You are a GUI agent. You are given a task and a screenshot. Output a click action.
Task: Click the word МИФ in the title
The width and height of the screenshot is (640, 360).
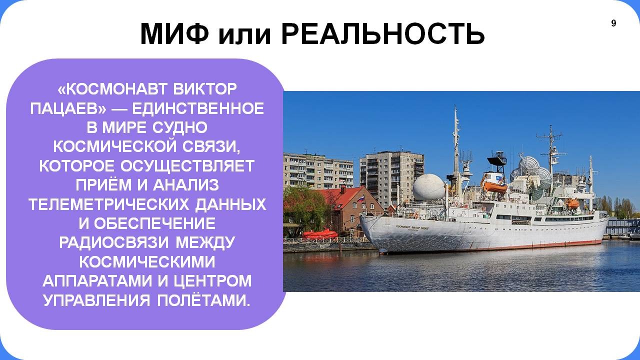tap(174, 33)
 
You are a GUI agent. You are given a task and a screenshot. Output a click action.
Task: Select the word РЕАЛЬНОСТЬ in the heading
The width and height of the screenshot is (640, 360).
tap(383, 33)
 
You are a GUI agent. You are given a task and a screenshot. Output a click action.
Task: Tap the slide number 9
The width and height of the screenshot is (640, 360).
tap(613, 23)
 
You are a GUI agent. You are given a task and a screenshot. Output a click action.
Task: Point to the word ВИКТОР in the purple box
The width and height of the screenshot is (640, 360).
tap(205, 89)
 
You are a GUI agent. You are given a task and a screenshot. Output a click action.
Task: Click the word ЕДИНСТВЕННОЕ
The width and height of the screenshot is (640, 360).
tap(197, 108)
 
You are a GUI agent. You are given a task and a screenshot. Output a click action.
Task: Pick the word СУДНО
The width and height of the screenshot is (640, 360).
tap(179, 127)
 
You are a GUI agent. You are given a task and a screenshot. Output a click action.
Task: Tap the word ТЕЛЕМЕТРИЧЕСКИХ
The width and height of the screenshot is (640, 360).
tap(109, 204)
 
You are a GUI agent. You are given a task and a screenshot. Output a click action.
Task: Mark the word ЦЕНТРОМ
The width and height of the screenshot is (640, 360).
tap(212, 281)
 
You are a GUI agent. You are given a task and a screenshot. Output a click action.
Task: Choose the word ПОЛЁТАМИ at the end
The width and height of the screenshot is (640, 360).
tap(203, 300)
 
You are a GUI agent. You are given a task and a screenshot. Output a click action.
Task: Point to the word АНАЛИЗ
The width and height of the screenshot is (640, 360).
tap(186, 185)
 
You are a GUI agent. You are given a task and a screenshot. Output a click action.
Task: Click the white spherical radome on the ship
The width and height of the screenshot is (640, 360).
tap(428, 187)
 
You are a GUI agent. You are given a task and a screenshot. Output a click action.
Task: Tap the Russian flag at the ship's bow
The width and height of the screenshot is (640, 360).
tap(361, 198)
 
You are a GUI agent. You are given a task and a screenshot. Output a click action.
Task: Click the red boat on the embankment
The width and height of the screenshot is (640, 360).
tap(320, 233)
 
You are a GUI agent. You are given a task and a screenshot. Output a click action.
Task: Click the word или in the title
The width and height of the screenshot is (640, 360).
tap(244, 35)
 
